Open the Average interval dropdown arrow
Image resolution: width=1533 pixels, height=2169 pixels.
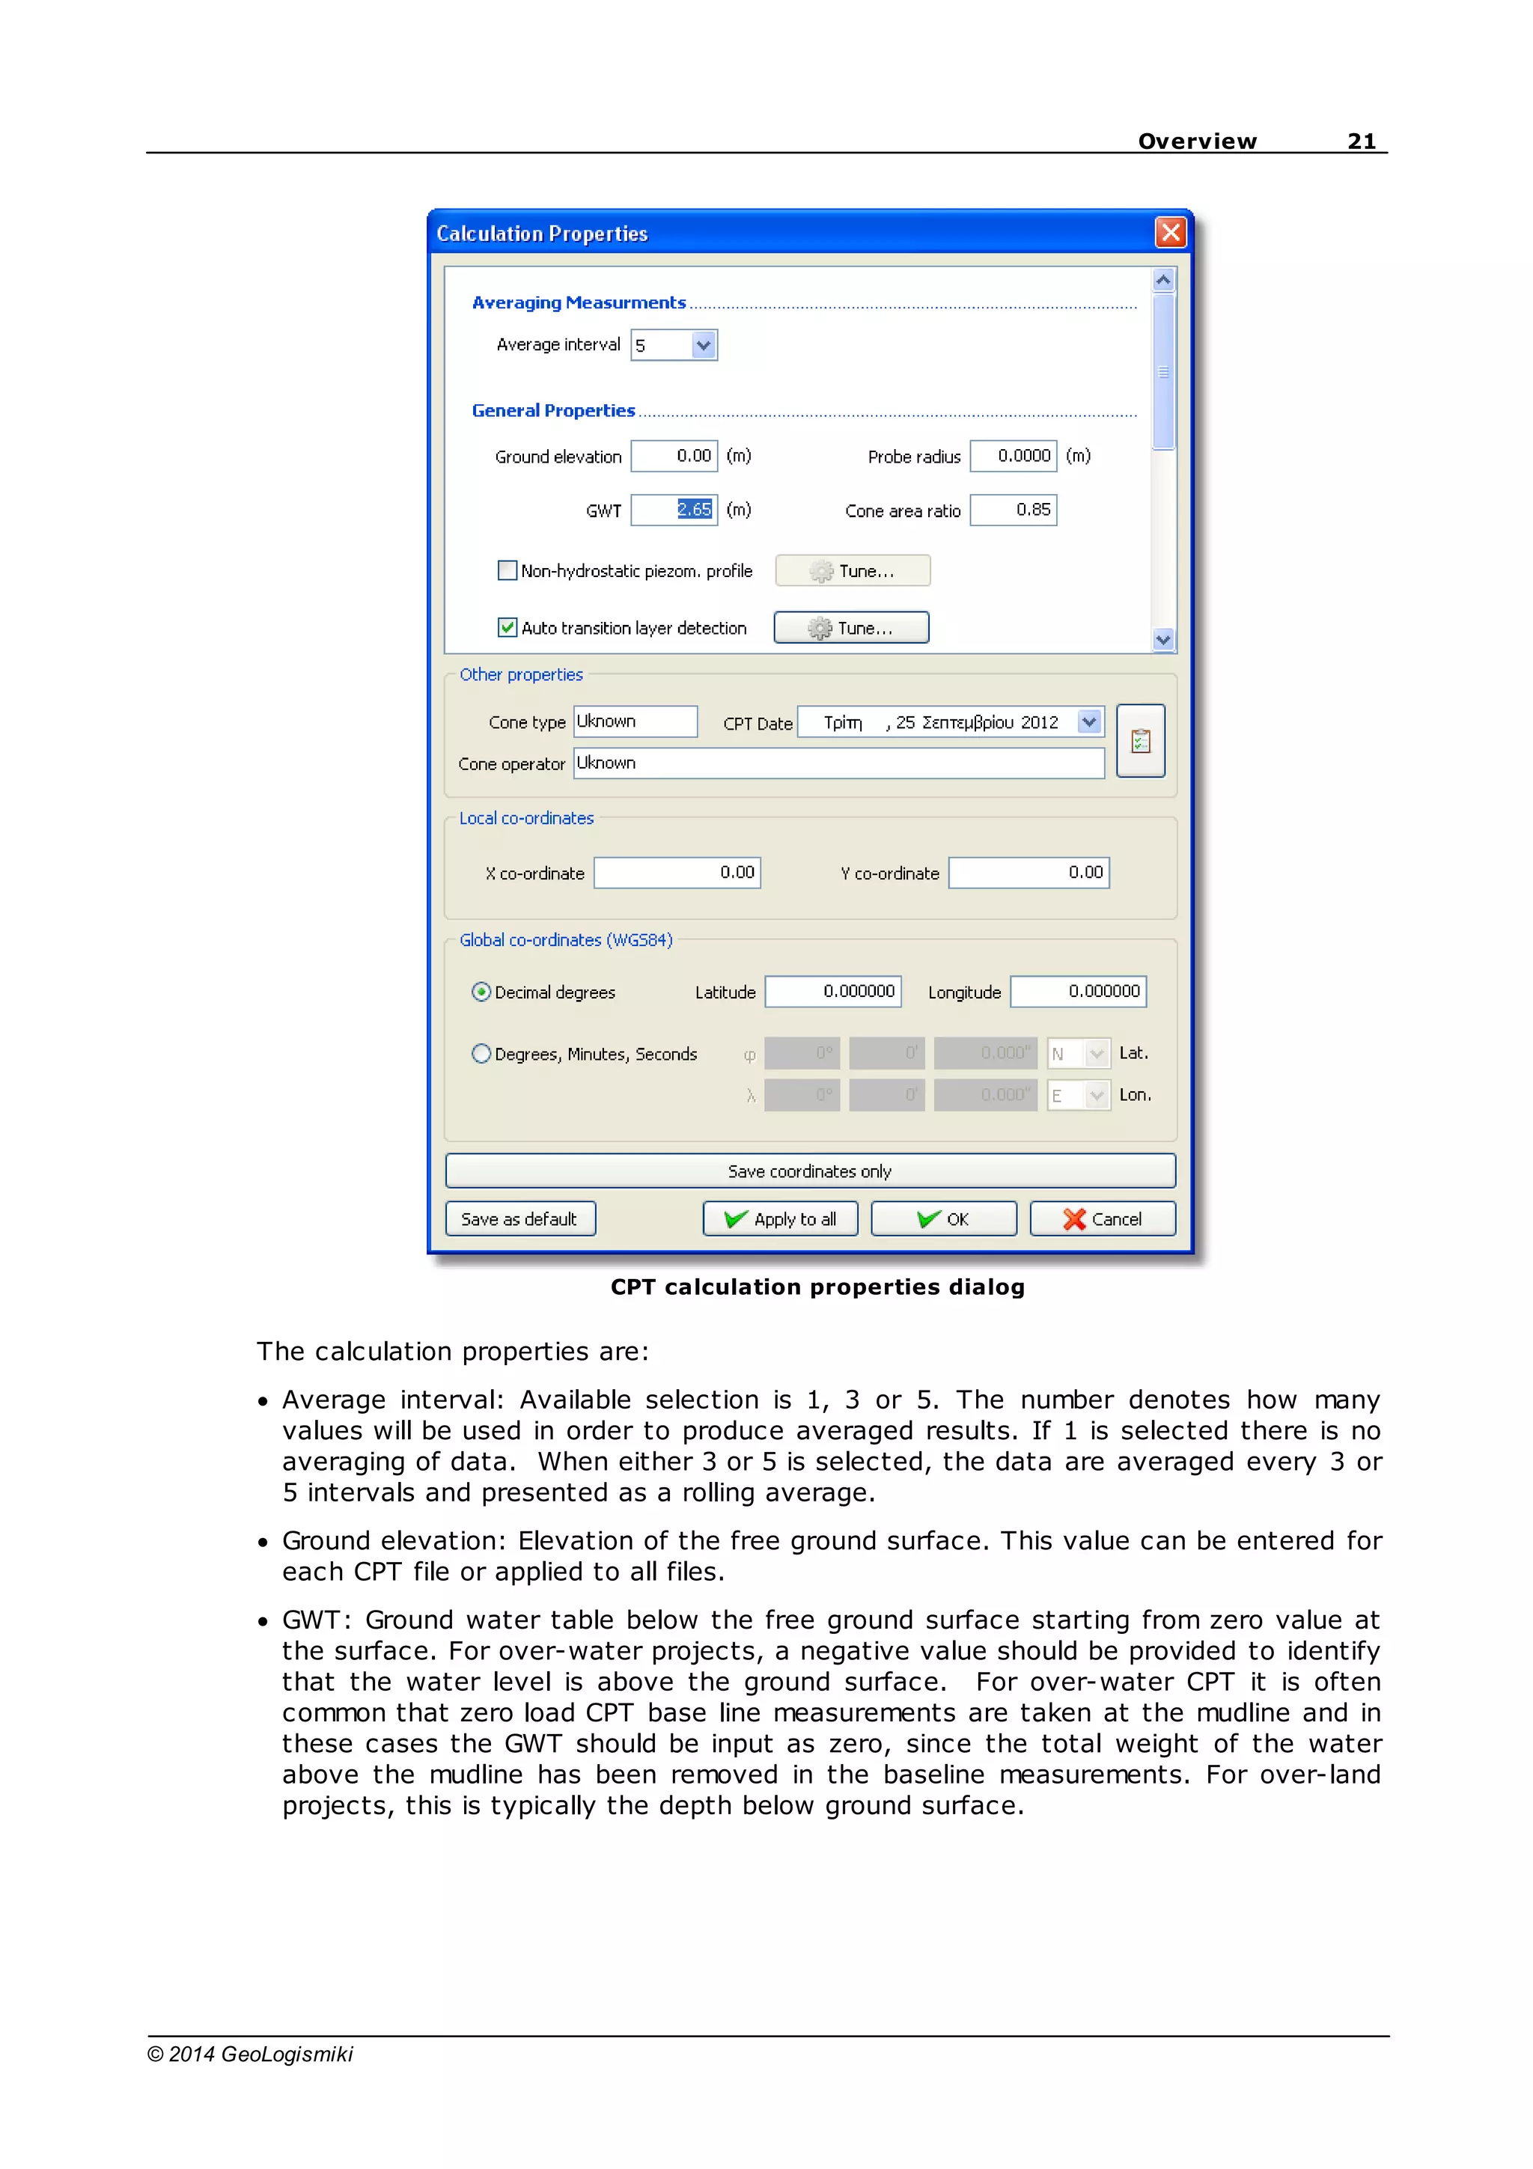click(x=703, y=345)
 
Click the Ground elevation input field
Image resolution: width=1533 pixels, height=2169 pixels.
click(x=674, y=457)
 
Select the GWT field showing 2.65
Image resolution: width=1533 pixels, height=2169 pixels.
click(x=674, y=510)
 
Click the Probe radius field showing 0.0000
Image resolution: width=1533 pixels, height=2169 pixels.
click(x=1013, y=457)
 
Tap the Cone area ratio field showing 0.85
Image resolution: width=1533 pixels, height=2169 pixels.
click(x=1013, y=510)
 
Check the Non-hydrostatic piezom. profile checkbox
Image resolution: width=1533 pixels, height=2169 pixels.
click(x=508, y=570)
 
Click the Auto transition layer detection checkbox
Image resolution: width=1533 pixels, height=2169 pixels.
click(x=508, y=627)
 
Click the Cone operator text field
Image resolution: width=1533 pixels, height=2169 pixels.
click(x=838, y=763)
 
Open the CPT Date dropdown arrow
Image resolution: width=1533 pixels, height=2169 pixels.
click(x=1089, y=722)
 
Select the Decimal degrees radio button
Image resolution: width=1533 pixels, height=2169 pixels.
click(x=481, y=992)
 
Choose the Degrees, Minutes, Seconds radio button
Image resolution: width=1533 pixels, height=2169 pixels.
click(x=481, y=1053)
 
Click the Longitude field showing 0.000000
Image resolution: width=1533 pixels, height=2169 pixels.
click(x=1078, y=992)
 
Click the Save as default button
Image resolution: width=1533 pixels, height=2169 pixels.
click(x=519, y=1218)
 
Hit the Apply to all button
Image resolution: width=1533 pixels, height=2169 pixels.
click(x=780, y=1218)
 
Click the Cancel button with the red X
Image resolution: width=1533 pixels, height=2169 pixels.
click(x=1103, y=1218)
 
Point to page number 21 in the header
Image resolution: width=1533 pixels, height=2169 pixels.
click(x=1361, y=141)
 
